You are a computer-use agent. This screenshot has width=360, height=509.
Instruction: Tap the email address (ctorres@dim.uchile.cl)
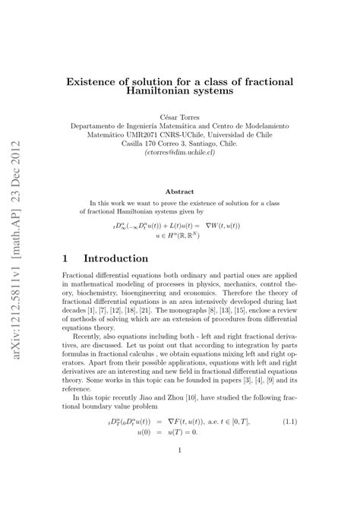[179, 152]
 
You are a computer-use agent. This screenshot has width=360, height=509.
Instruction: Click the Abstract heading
[179, 193]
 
